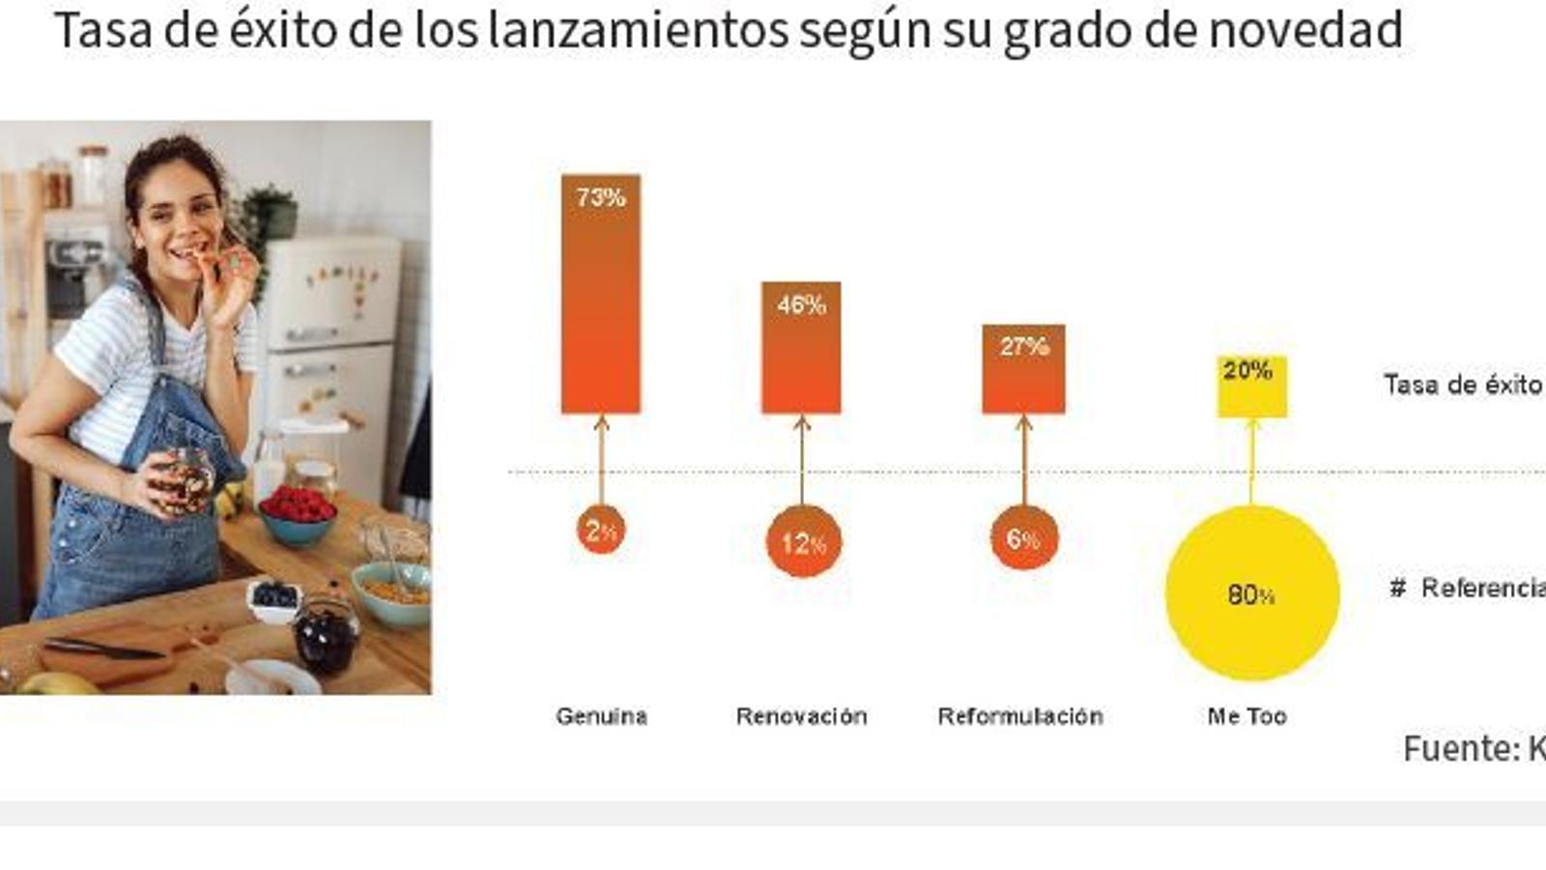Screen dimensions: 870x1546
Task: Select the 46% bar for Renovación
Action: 801,348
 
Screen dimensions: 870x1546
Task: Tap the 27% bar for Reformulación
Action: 1023,369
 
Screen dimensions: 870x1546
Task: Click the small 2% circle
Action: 600,531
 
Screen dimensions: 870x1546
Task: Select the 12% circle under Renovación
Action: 803,542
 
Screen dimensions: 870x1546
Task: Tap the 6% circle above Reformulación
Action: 1023,537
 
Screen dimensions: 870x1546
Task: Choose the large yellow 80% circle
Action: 1251,593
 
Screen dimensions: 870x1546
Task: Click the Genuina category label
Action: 601,716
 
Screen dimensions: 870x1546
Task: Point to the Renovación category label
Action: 801,716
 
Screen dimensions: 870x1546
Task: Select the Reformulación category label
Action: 1020,716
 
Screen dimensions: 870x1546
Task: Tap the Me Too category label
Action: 1246,716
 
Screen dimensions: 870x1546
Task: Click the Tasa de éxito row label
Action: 1462,385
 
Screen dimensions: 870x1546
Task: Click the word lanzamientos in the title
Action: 638,30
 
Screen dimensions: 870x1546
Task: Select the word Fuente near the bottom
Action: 1460,748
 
